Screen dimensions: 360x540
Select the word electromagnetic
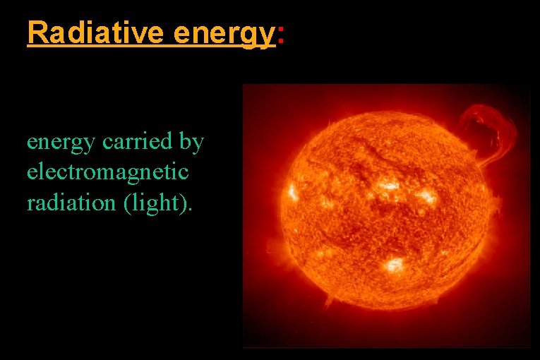point(107,172)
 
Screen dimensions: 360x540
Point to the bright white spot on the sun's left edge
point(291,191)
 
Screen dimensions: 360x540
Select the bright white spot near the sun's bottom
point(394,266)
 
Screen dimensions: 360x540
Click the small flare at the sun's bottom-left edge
point(326,300)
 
